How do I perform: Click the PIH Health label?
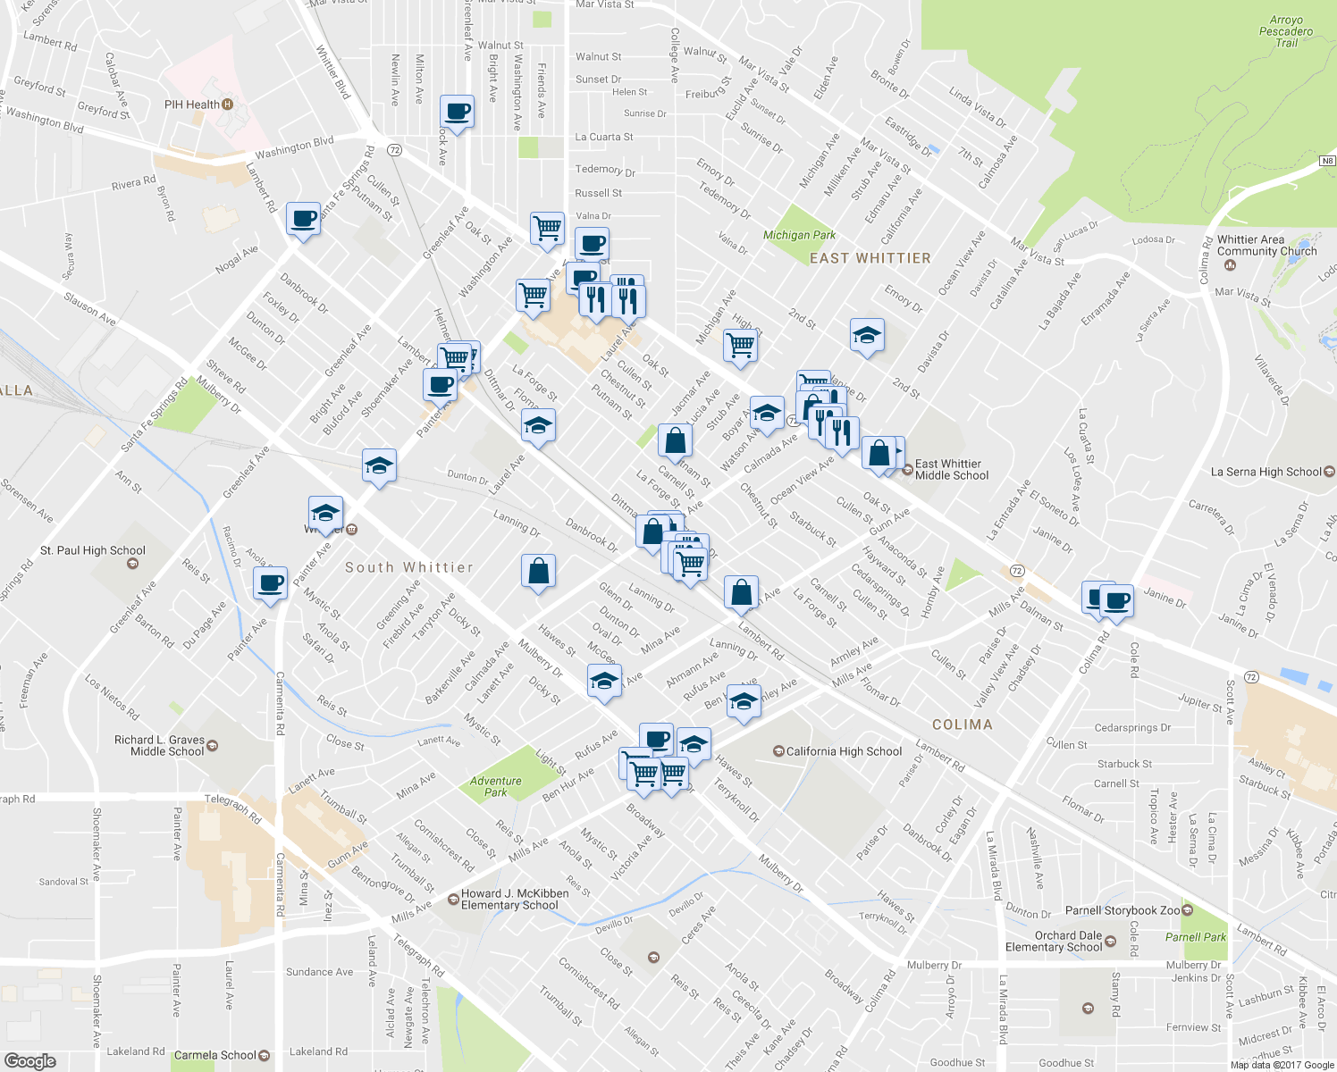(x=192, y=105)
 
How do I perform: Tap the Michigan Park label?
(x=799, y=235)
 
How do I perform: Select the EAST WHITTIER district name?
(x=870, y=258)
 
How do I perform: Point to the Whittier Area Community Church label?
(x=1266, y=246)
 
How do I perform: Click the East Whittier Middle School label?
(x=951, y=470)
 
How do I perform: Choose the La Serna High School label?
(x=1266, y=472)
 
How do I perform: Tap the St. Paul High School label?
(x=93, y=551)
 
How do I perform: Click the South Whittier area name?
(x=408, y=567)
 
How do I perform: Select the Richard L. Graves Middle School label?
(x=160, y=746)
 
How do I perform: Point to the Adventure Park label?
(x=495, y=786)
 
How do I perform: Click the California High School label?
(x=844, y=751)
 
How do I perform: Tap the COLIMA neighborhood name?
(x=962, y=724)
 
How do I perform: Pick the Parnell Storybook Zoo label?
(x=1123, y=910)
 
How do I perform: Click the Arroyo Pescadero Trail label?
(x=1286, y=31)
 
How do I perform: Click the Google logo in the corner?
(x=30, y=1060)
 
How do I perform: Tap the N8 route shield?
(x=1327, y=161)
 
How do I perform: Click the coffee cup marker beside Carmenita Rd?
(x=270, y=584)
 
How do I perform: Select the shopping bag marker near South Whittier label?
(x=538, y=571)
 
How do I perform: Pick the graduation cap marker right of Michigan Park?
(x=867, y=336)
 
